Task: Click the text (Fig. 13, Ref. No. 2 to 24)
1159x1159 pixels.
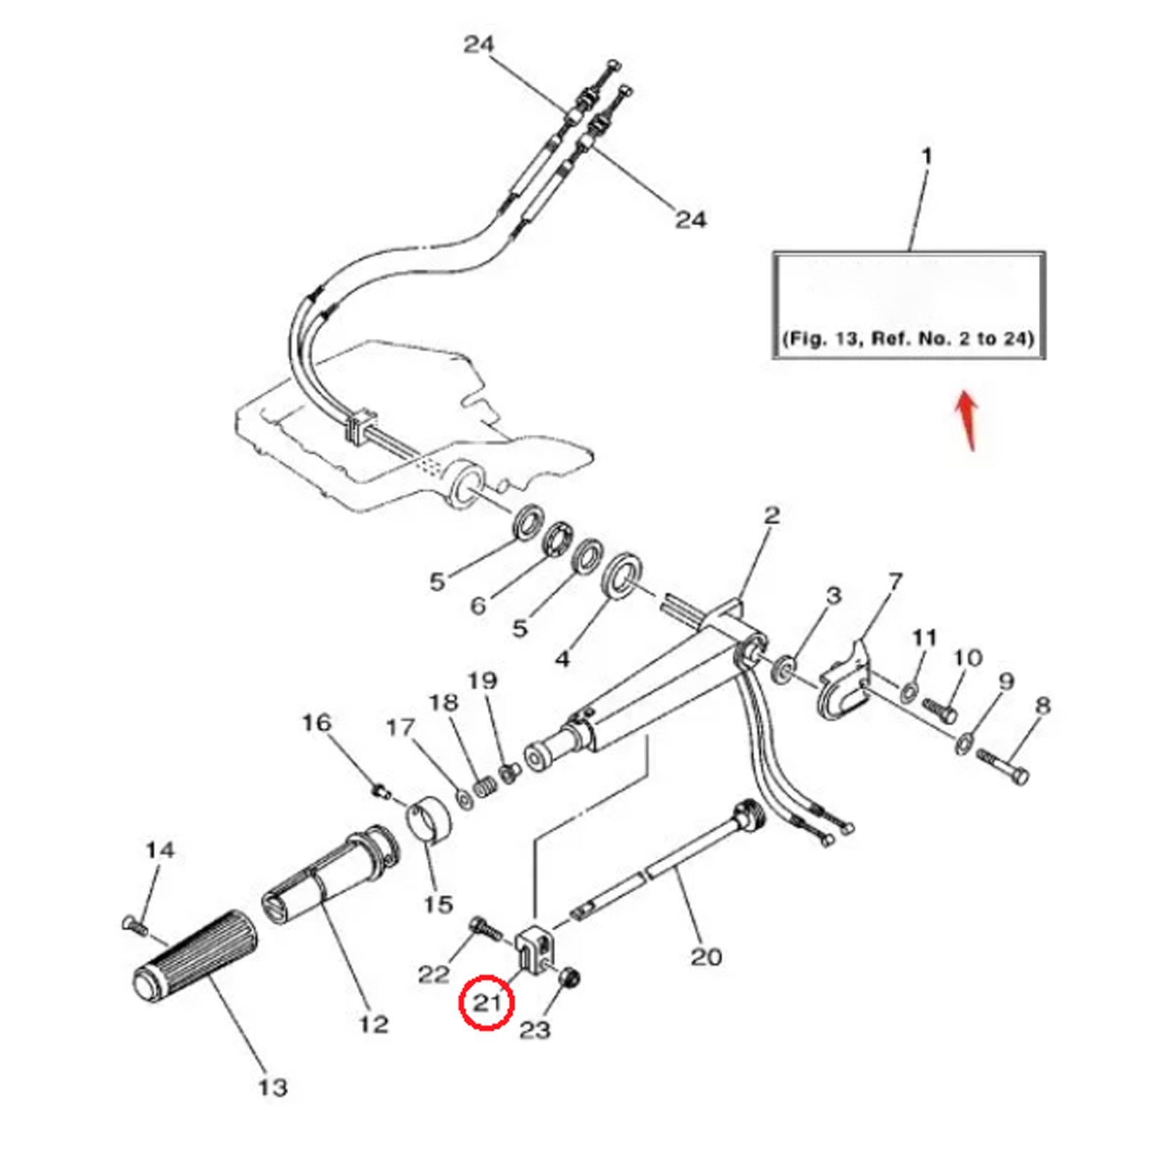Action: tap(908, 338)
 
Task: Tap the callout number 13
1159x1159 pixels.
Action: tap(273, 1087)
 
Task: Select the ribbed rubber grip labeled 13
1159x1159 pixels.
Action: tap(195, 956)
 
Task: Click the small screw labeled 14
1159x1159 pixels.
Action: tap(135, 924)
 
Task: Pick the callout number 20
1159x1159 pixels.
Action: tap(706, 956)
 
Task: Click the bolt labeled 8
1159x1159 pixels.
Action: tap(1003, 766)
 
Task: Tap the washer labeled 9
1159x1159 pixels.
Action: tap(964, 743)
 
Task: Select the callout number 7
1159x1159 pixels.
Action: tap(896, 581)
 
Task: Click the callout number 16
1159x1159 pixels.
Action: tap(316, 722)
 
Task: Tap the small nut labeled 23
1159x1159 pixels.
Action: tap(570, 979)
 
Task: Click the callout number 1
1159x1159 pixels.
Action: tap(927, 156)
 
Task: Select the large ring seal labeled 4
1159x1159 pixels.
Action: tap(622, 575)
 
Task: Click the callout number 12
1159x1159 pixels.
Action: tap(374, 1024)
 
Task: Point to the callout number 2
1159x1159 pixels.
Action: tap(772, 515)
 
